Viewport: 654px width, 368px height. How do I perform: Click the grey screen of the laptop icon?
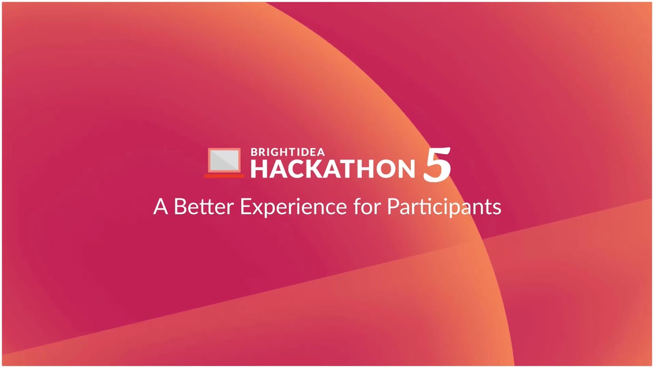pyautogui.click(x=224, y=160)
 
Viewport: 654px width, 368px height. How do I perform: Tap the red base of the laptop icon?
pyautogui.click(x=224, y=176)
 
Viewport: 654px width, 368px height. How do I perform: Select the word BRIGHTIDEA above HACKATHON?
pyautogui.click(x=287, y=152)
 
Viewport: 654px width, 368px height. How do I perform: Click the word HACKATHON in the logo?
pyautogui.click(x=333, y=169)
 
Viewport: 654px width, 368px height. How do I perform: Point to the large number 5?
pyautogui.click(x=437, y=165)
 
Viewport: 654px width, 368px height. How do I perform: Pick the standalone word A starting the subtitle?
pyautogui.click(x=160, y=207)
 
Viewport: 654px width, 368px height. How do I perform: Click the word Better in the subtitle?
pyautogui.click(x=203, y=207)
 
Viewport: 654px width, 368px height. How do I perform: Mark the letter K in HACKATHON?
pyautogui.click(x=310, y=169)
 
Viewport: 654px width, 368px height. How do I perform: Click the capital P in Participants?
pyautogui.click(x=392, y=207)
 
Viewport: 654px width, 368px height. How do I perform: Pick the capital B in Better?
pyautogui.click(x=179, y=207)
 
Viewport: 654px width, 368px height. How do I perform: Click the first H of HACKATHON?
pyautogui.click(x=258, y=169)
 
